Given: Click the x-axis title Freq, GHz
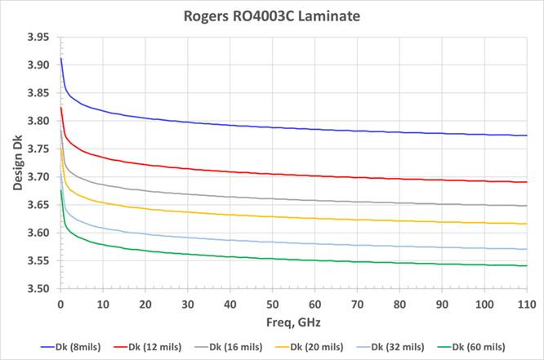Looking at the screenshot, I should (293, 322).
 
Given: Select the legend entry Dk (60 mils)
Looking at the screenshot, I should (480, 346).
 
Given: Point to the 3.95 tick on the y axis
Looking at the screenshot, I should (38, 37).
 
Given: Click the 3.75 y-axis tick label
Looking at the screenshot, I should (38, 149).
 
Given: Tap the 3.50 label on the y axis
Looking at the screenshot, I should (38, 289).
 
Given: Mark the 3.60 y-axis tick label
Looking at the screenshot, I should (38, 233).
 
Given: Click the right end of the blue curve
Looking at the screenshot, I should (527, 136).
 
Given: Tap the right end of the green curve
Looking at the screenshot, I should (527, 265).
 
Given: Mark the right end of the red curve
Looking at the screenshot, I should (527, 182).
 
